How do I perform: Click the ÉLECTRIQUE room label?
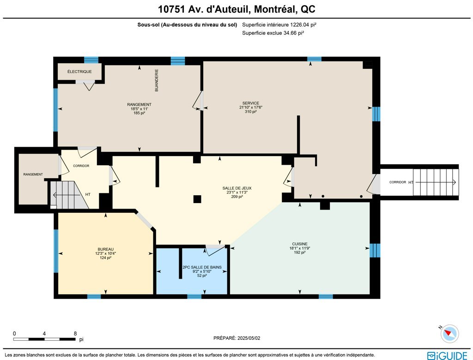pyautogui.click(x=79, y=72)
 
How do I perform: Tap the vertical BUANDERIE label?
pyautogui.click(x=157, y=80)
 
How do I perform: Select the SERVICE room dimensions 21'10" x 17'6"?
pyautogui.click(x=251, y=108)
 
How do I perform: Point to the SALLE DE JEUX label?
pyautogui.click(x=237, y=188)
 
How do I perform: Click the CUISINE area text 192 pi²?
pyautogui.click(x=299, y=252)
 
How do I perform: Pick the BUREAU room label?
pyautogui.click(x=106, y=249)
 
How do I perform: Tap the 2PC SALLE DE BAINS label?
pyautogui.click(x=202, y=267)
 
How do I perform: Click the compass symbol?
pyautogui.click(x=449, y=334)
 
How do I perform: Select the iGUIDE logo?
pyautogui.click(x=447, y=355)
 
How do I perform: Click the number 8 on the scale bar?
pyautogui.click(x=75, y=334)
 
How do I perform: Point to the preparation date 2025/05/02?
pyautogui.click(x=249, y=338)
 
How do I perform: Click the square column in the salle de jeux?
pyautogui.click(x=197, y=199)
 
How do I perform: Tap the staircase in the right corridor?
pyautogui.click(x=436, y=182)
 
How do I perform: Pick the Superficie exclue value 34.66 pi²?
pyautogui.click(x=293, y=33)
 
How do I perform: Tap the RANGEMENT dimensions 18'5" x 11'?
pyautogui.click(x=139, y=109)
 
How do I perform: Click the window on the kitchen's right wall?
pyautogui.click(x=375, y=250)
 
